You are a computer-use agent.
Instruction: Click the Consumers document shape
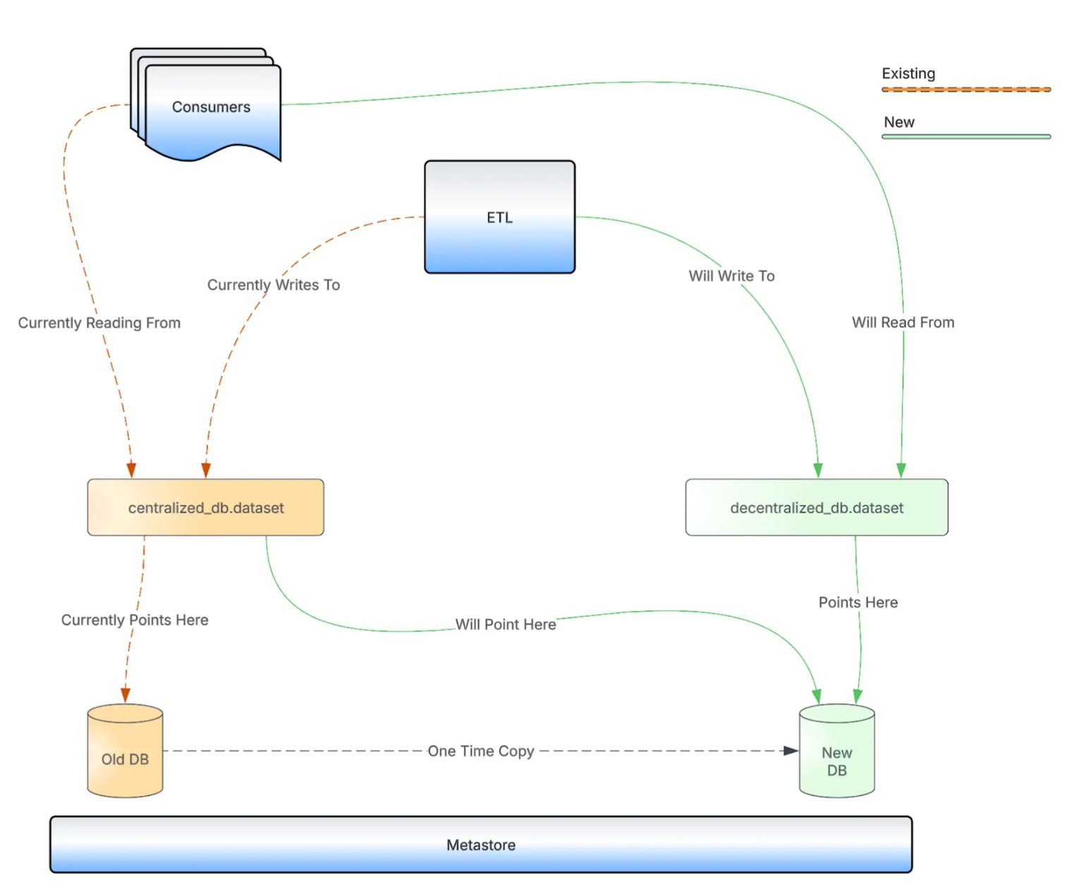211,107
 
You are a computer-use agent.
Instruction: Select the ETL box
499,217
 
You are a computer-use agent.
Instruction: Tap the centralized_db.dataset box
205,508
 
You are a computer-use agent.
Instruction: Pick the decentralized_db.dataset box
816,508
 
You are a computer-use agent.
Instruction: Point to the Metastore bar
480,845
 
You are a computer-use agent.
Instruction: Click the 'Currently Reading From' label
99,323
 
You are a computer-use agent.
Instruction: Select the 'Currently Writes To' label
274,285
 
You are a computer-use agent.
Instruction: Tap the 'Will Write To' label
731,276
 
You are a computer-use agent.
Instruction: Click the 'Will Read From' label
903,322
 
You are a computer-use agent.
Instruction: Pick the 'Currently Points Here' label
135,620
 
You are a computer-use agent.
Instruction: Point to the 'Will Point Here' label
506,624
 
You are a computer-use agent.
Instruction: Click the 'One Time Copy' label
481,751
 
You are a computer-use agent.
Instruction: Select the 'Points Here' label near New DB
858,603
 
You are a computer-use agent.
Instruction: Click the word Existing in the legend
908,73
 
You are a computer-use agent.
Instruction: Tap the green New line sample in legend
966,136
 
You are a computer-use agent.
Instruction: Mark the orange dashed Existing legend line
966,90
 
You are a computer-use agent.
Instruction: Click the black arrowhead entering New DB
791,751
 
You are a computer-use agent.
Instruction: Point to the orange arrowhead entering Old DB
126,696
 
